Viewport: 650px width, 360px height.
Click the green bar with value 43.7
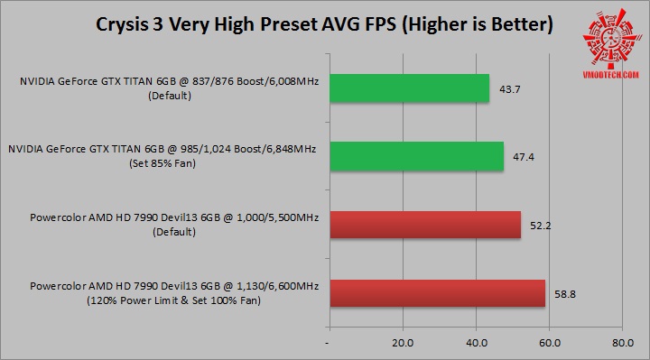pyautogui.click(x=409, y=88)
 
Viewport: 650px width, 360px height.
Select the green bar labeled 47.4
pyautogui.click(x=416, y=156)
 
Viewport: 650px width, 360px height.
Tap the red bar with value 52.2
pyautogui.click(x=425, y=224)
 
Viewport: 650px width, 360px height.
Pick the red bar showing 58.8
pyautogui.click(x=437, y=293)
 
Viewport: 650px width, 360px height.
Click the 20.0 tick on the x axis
pyautogui.click(x=403, y=343)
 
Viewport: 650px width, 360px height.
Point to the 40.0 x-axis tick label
pyautogui.click(x=476, y=343)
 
